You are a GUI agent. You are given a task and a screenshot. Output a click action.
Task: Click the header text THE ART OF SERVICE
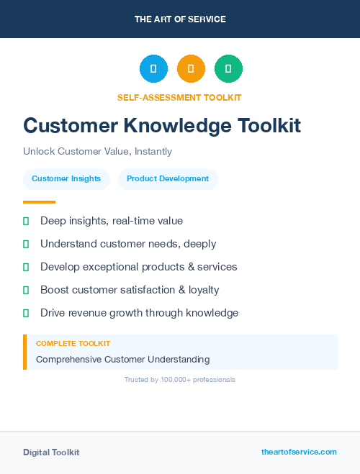click(x=180, y=19)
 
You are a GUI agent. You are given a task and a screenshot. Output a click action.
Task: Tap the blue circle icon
click(x=153, y=68)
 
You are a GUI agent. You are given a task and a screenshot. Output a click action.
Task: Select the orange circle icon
click(x=191, y=68)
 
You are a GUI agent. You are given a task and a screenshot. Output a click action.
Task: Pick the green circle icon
click(x=228, y=68)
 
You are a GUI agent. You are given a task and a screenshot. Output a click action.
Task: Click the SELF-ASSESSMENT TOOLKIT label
click(x=179, y=97)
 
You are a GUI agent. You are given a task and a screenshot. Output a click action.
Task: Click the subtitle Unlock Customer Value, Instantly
click(x=97, y=152)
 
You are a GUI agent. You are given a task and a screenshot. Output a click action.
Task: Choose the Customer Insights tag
click(x=66, y=179)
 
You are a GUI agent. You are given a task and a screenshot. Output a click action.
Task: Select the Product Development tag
click(x=168, y=179)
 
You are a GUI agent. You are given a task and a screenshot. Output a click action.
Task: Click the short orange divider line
click(x=39, y=202)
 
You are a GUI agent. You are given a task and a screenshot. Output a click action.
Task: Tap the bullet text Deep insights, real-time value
click(x=112, y=221)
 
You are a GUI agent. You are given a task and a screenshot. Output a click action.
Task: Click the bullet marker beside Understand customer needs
click(x=26, y=245)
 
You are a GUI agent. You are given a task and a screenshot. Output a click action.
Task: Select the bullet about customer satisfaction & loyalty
click(x=130, y=290)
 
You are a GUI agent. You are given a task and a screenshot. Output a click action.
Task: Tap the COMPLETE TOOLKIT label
click(x=73, y=344)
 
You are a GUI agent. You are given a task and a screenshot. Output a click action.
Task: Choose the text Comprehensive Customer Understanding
click(x=123, y=359)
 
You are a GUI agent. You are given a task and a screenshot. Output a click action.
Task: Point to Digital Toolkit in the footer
click(x=51, y=452)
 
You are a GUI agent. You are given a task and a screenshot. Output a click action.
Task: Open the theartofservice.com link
click(x=299, y=452)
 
